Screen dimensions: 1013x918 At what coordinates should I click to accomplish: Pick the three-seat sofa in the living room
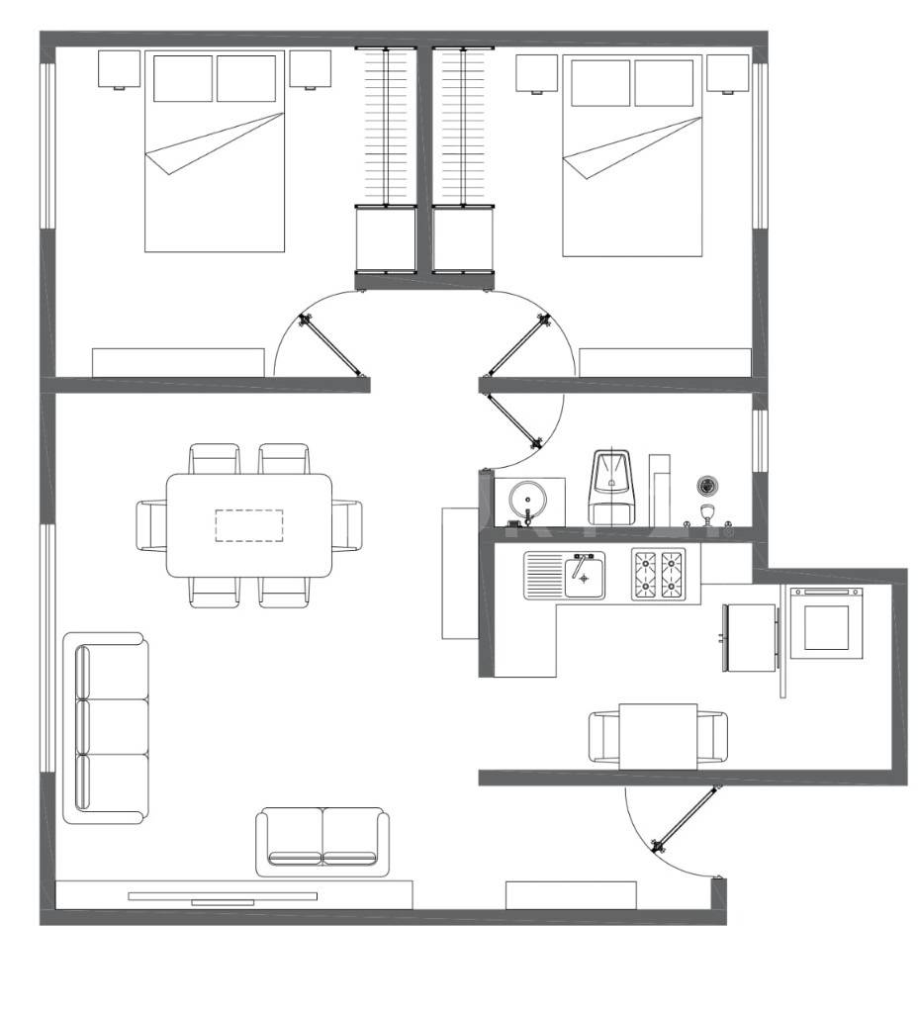click(x=106, y=727)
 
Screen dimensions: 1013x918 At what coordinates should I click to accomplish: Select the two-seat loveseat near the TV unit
click(x=322, y=840)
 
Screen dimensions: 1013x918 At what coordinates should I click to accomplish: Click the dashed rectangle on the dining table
click(x=249, y=525)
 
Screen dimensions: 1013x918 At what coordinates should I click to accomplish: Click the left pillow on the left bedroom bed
click(x=183, y=78)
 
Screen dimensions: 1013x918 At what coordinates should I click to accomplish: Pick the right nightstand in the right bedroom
click(x=727, y=72)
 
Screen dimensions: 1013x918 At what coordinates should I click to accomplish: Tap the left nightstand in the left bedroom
click(x=120, y=69)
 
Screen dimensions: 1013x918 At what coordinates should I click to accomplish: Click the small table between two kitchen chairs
click(x=658, y=736)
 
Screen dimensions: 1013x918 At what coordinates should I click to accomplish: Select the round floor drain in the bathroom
click(x=706, y=485)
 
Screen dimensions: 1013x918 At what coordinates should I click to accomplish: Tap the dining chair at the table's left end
click(x=151, y=525)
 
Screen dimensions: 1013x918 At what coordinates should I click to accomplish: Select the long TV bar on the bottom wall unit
click(x=223, y=896)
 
